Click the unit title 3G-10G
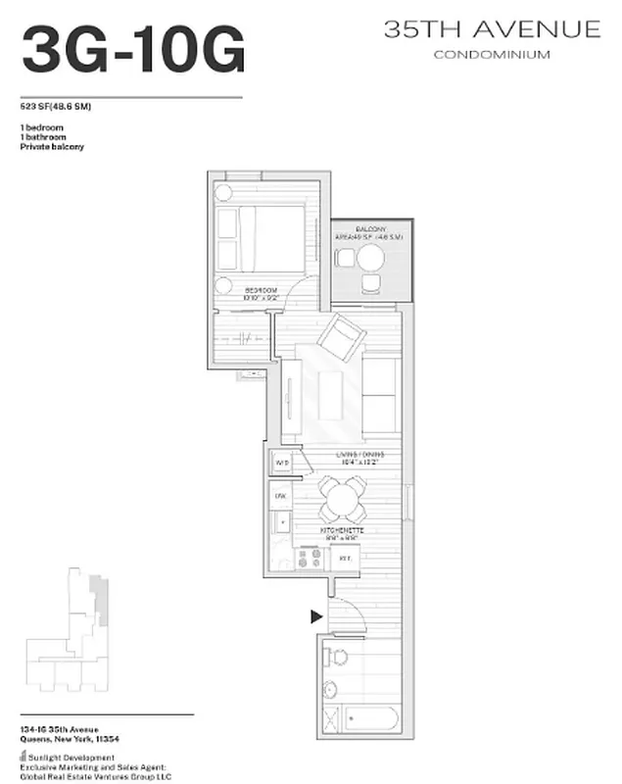[133, 50]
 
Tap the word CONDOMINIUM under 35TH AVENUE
[491, 55]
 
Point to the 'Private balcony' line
[52, 146]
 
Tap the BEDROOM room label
[261, 290]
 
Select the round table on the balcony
[369, 259]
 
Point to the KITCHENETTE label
[342, 530]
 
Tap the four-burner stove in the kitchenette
[310, 558]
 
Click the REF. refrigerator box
[345, 558]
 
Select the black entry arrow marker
[316, 616]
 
